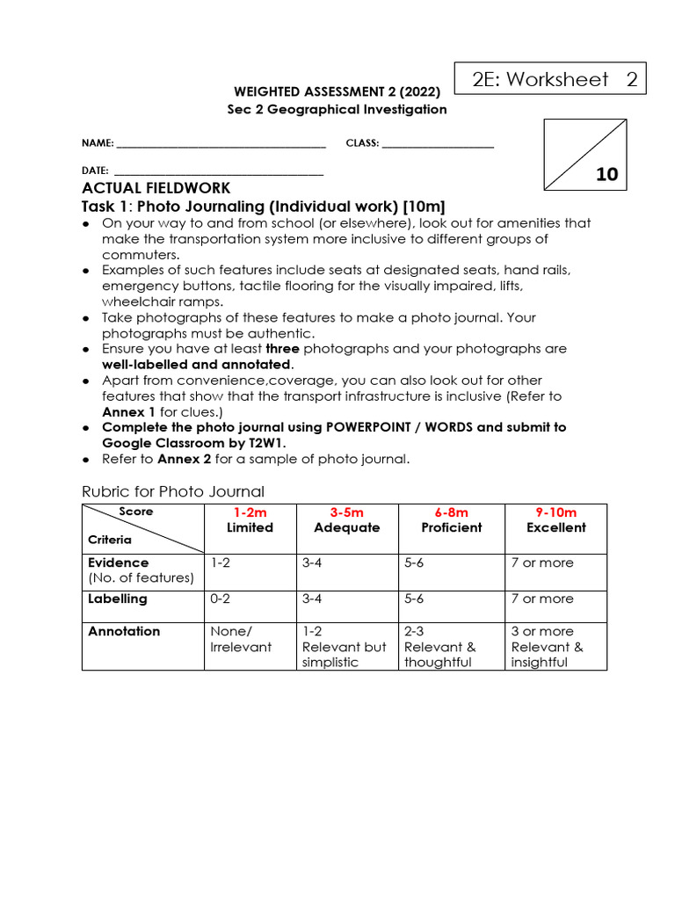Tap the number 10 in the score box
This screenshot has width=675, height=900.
pyautogui.click(x=606, y=174)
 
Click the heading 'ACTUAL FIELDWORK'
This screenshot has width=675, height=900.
pyautogui.click(x=156, y=188)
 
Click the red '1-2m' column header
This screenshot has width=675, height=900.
pyautogui.click(x=250, y=512)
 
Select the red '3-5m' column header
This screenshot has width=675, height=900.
pyautogui.click(x=346, y=512)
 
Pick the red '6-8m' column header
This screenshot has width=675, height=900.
pyautogui.click(x=452, y=512)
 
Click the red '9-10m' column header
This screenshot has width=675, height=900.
pyautogui.click(x=555, y=512)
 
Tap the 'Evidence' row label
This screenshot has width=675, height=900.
pyautogui.click(x=119, y=562)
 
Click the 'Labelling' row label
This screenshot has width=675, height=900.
pyautogui.click(x=118, y=599)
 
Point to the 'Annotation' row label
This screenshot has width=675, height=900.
pyautogui.click(x=124, y=631)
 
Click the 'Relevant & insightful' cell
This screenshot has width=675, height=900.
pyautogui.click(x=547, y=647)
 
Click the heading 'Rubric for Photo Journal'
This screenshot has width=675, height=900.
pyautogui.click(x=173, y=491)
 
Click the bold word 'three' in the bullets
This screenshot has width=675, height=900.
pyautogui.click(x=282, y=349)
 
